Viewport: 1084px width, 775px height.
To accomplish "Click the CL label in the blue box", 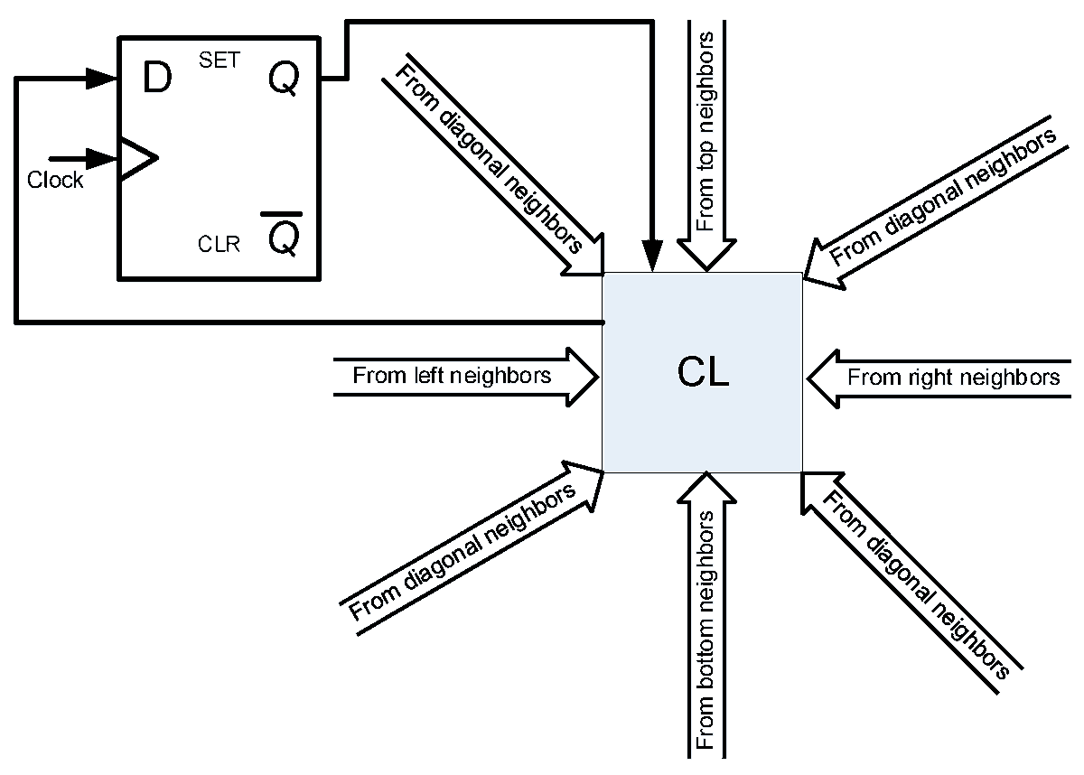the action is pyautogui.click(x=703, y=371).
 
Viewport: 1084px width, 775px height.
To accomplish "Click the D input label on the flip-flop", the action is pyautogui.click(x=157, y=78).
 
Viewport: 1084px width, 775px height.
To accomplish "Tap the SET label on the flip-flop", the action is pyautogui.click(x=220, y=60).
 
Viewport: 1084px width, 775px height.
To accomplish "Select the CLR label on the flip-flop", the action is pyautogui.click(x=219, y=244).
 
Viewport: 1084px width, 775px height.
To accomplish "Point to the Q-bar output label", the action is pyautogui.click(x=283, y=234).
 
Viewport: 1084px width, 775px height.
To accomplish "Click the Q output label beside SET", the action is pyautogui.click(x=284, y=79).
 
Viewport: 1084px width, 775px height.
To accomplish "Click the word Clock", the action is pyautogui.click(x=55, y=180).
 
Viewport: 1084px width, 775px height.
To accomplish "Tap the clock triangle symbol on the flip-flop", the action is pyautogui.click(x=138, y=158).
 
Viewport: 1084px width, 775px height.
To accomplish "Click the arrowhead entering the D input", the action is pyautogui.click(x=101, y=79).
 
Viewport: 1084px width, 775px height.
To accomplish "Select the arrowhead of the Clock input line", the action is pyautogui.click(x=101, y=158).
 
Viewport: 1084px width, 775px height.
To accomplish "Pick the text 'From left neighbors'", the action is pyautogui.click(x=452, y=376).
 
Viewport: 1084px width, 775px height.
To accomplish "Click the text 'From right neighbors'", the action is pyautogui.click(x=954, y=378).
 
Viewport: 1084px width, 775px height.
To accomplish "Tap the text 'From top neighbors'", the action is pyautogui.click(x=706, y=132).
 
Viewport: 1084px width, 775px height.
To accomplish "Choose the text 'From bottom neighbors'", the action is pyautogui.click(x=706, y=630).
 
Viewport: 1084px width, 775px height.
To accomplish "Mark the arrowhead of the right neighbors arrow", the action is pyautogui.click(x=823, y=378).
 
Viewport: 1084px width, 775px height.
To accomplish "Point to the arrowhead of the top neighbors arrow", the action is pyautogui.click(x=706, y=255).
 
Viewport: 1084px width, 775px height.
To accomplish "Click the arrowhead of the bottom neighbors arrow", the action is pyautogui.click(x=706, y=488).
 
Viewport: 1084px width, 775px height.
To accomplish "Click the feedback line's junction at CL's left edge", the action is pyautogui.click(x=603, y=322).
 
